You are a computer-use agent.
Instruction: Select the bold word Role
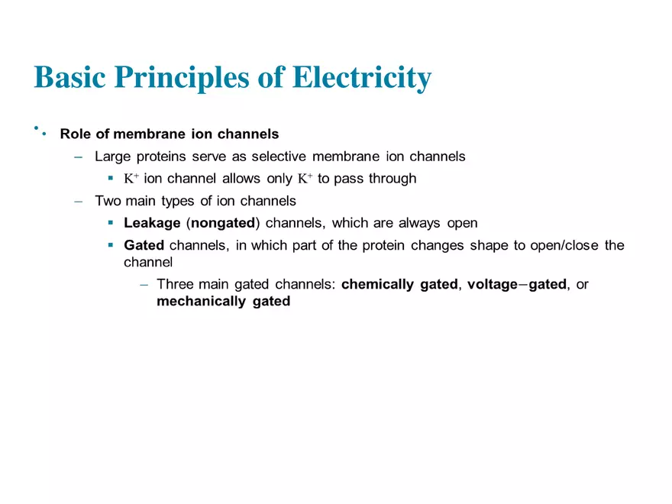[x=76, y=134]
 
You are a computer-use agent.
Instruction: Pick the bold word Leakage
[x=151, y=224]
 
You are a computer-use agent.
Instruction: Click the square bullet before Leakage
[x=111, y=224]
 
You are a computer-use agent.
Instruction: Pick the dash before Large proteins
[x=79, y=157]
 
